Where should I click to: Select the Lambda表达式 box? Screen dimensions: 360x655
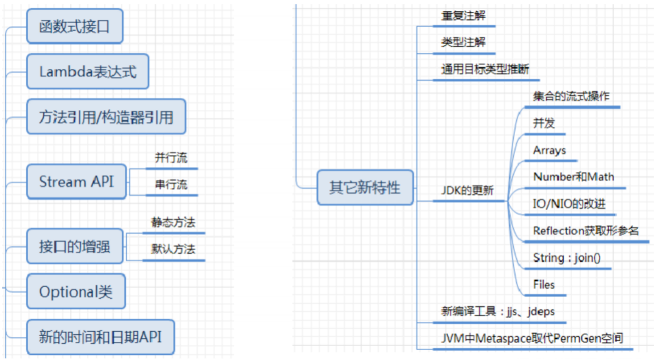tap(87, 71)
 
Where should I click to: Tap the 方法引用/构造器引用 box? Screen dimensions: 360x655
tap(106, 116)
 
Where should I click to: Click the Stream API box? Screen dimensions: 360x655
tap(76, 182)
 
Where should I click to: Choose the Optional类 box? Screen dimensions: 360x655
tap(76, 291)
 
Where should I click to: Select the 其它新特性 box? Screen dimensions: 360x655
tap(365, 187)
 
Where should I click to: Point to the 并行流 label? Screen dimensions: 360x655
tap(171, 158)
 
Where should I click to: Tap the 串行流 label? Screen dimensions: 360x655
tap(171, 185)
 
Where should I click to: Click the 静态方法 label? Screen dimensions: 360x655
tap(173, 222)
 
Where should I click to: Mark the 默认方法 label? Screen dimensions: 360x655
tap(173, 249)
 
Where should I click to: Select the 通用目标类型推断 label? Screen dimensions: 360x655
tap(485, 69)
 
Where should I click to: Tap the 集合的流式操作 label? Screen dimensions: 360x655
tap(571, 97)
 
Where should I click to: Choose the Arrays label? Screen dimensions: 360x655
tap(549, 151)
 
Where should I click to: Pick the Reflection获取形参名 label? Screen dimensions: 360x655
tap(586, 231)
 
